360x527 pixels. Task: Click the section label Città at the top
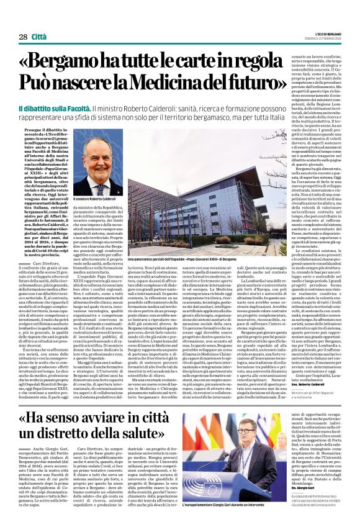click(x=39, y=37)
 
